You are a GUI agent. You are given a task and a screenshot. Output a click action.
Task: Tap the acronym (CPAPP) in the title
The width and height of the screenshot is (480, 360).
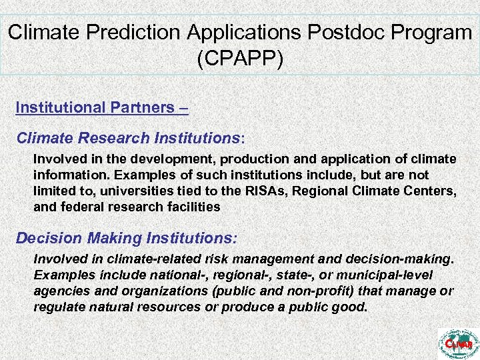click(240, 59)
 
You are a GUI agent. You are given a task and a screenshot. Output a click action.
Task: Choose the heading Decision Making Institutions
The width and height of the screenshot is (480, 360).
click(127, 238)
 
